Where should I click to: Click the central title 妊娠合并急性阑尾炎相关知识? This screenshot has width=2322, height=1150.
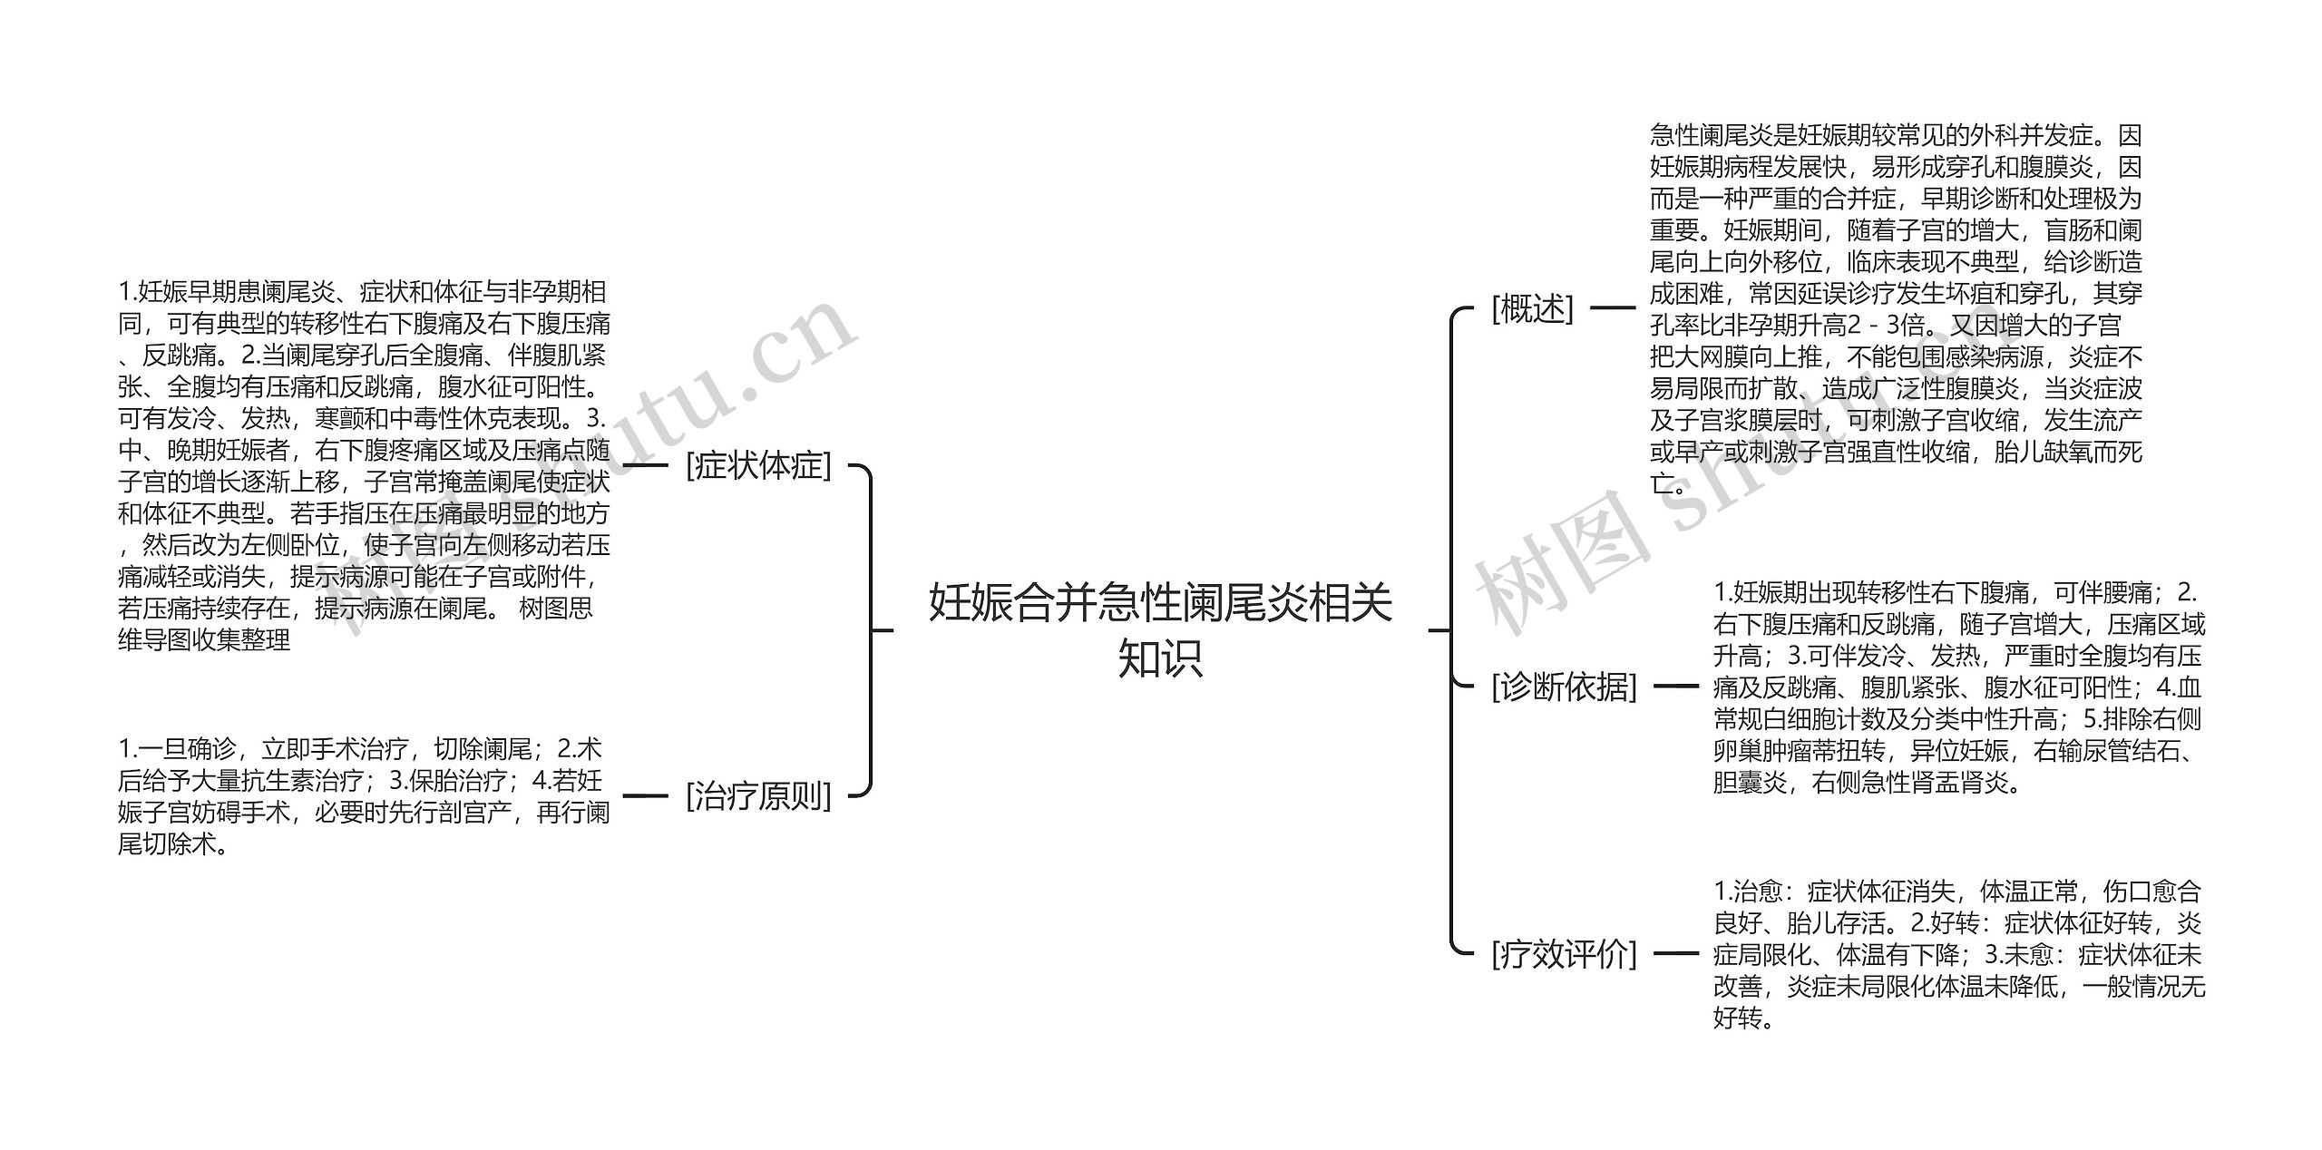point(1160,629)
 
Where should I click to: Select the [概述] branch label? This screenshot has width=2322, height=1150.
point(1532,308)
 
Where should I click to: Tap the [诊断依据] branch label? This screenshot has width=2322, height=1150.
point(1564,687)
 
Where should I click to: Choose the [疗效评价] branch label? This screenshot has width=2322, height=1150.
point(1564,953)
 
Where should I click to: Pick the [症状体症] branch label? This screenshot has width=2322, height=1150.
point(758,465)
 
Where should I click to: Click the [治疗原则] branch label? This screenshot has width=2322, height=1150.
point(758,795)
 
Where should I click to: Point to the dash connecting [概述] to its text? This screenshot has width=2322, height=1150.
point(1613,308)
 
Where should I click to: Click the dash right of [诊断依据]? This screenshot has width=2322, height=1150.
point(1675,687)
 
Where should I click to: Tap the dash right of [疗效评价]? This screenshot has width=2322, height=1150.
point(1675,953)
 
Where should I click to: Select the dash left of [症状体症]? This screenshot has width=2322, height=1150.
point(646,465)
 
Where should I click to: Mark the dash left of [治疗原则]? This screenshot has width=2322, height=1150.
point(646,795)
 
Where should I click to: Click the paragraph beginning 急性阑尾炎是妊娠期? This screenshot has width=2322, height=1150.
point(1896,308)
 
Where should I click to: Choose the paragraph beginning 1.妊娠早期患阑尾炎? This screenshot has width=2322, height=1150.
point(363,465)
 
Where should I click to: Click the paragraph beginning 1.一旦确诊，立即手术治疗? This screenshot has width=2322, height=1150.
point(363,795)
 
